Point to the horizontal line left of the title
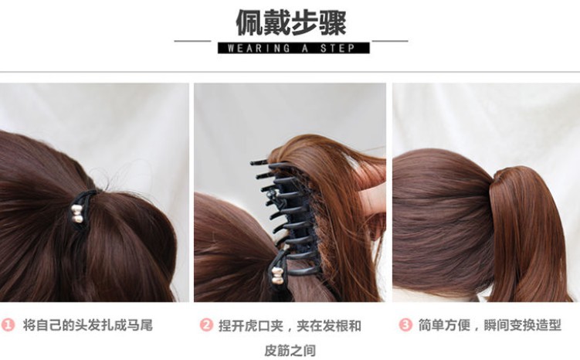[192, 40]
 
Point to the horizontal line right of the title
[390, 40]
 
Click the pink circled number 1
[9, 325]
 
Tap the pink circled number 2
[206, 325]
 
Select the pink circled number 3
[405, 325]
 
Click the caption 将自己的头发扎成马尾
[87, 325]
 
